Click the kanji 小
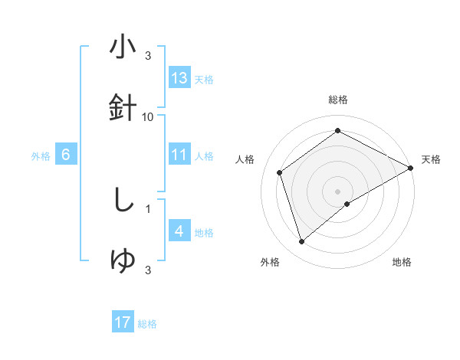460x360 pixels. [x=123, y=47]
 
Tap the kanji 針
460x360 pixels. [x=123, y=108]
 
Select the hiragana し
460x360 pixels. [x=123, y=201]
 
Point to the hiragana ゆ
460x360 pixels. [x=123, y=261]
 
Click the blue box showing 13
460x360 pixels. [x=179, y=77]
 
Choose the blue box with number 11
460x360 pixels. [x=179, y=155]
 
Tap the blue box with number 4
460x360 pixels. [x=179, y=231]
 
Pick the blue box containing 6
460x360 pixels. [x=66, y=155]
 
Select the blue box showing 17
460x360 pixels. [x=123, y=322]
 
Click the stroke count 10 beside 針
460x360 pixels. [x=148, y=116]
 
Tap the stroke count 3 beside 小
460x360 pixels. [x=147, y=56]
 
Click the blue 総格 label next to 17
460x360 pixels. [x=147, y=324]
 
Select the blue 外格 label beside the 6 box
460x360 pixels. [x=41, y=156]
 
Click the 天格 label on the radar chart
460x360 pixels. [x=431, y=159]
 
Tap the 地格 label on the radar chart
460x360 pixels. [x=402, y=262]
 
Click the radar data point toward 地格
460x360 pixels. [x=348, y=204]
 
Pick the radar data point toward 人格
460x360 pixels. [x=280, y=172]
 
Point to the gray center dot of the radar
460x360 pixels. [x=338, y=191]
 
